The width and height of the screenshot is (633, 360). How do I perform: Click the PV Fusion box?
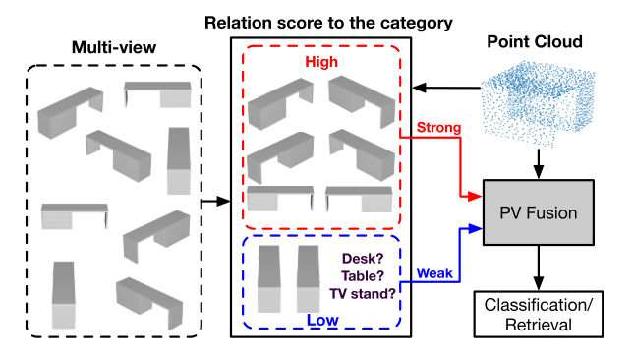pyautogui.click(x=537, y=212)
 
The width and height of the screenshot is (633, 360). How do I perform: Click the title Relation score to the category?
pyautogui.click(x=315, y=19)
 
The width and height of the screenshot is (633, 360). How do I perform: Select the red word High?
pyautogui.click(x=320, y=62)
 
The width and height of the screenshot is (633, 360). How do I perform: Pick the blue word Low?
pyautogui.click(x=320, y=320)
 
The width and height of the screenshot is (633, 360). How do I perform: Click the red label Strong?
pyautogui.click(x=437, y=128)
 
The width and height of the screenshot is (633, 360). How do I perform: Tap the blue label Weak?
pyautogui.click(x=434, y=270)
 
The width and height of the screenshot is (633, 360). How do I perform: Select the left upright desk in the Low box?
pyautogui.click(x=269, y=278)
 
